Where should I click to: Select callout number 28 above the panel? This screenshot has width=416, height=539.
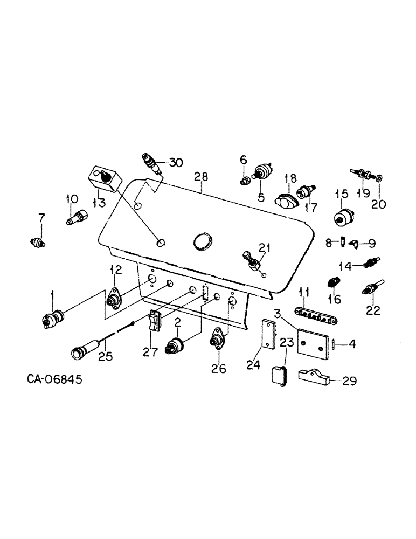point(200,177)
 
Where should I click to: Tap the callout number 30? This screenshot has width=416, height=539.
point(176,162)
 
